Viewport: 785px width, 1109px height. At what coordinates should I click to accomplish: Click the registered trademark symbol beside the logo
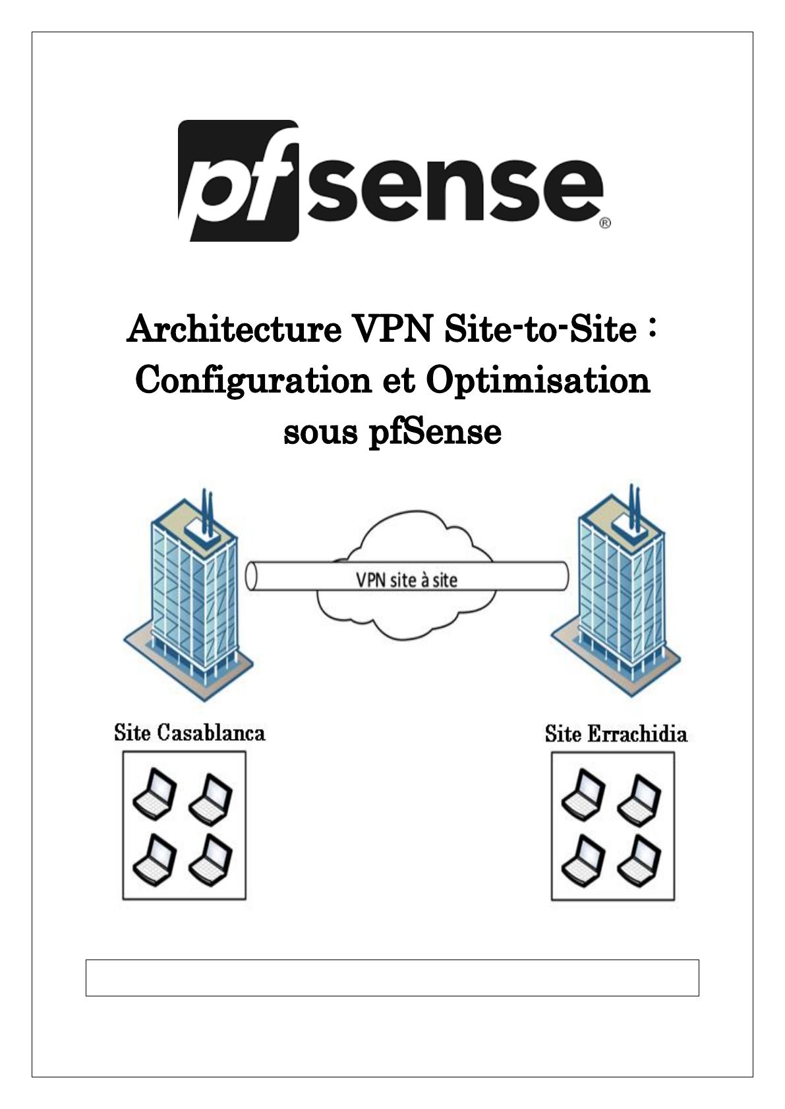click(x=605, y=223)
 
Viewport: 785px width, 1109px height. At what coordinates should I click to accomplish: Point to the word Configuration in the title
click(x=252, y=382)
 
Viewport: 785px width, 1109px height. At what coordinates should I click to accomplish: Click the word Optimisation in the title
click(x=538, y=382)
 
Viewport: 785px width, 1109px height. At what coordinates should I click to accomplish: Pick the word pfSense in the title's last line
click(x=434, y=432)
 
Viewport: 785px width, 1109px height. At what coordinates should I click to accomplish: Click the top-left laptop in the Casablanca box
click(x=155, y=794)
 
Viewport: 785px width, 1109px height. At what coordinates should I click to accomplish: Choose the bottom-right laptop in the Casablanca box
click(x=211, y=861)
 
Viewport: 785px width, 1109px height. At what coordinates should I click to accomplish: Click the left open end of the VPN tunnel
click(x=250, y=576)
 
